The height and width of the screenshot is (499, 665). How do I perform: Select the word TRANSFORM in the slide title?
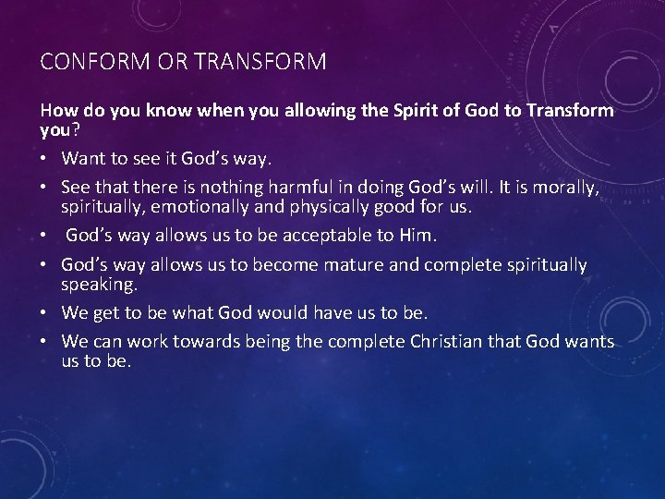click(261, 62)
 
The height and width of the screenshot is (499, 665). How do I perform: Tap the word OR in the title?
click(173, 62)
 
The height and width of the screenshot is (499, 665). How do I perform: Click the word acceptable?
click(313, 235)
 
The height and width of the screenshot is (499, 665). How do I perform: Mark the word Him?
click(400, 235)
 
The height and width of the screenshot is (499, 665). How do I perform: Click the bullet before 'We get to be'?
click(45, 312)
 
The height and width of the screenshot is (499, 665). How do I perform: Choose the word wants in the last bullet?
click(589, 342)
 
